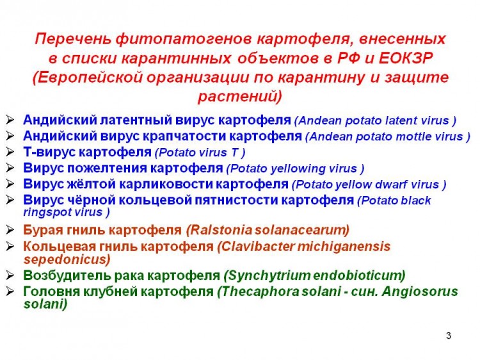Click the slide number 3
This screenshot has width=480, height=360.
(x=449, y=336)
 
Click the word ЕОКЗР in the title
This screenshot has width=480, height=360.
(x=406, y=58)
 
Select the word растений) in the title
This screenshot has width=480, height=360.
(x=240, y=96)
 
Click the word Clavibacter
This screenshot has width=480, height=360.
(x=256, y=246)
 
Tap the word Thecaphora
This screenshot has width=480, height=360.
(x=258, y=291)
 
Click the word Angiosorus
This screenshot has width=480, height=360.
(x=420, y=291)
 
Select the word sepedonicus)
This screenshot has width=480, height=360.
(x=67, y=259)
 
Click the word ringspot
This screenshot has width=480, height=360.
(x=47, y=212)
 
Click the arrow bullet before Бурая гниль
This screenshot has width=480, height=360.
(x=10, y=229)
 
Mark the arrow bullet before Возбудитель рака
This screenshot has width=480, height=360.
(x=10, y=275)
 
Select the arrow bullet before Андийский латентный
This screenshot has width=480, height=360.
(x=10, y=120)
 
